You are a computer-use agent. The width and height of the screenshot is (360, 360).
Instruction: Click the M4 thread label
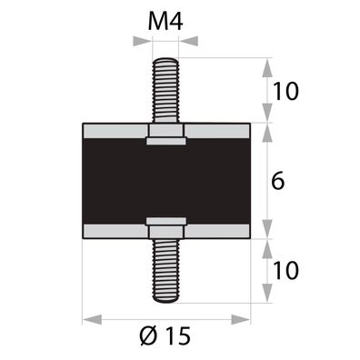pos(165,21)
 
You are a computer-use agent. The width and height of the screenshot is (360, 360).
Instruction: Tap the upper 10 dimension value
pos(285,91)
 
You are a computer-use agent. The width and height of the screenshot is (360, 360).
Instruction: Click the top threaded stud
pos(165,91)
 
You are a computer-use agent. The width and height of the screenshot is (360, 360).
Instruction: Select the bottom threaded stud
pos(165,269)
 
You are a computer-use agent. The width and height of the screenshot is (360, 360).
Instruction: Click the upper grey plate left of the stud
pos(113,132)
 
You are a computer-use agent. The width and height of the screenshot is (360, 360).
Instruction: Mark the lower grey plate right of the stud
pos(218,229)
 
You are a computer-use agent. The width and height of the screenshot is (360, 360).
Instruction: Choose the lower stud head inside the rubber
pos(165,225)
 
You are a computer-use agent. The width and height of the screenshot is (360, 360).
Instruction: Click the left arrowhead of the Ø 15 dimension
pos(89,318)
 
